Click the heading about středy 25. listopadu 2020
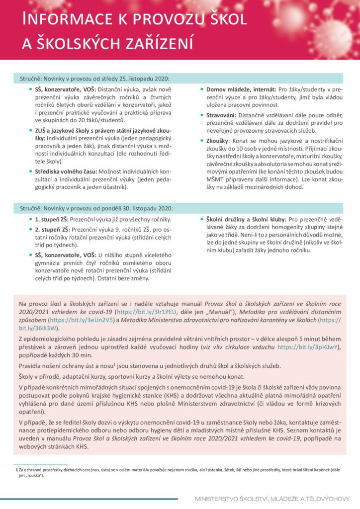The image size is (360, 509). tap(94, 79)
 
